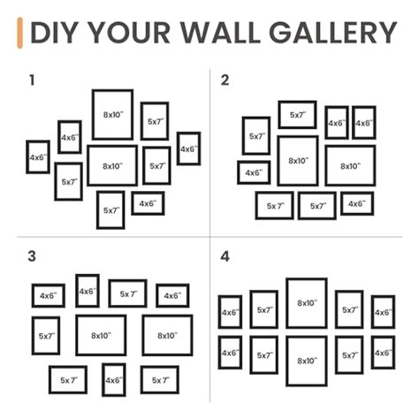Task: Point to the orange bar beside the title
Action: [x=19, y=32]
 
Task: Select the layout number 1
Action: [x=32, y=80]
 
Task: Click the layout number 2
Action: [x=225, y=80]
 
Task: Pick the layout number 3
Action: [x=32, y=256]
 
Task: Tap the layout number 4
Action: [x=225, y=256]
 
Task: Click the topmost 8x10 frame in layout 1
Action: [x=112, y=114]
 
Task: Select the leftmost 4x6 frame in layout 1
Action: [x=37, y=156]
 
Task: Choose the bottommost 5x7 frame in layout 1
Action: [x=110, y=209]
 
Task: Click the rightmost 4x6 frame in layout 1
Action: [x=188, y=149]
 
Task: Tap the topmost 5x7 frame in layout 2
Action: [x=297, y=114]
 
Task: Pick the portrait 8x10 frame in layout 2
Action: [x=298, y=161]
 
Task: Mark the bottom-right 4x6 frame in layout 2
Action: [x=356, y=203]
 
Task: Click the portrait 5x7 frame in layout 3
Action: [x=48, y=336]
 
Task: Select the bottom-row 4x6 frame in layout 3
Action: [x=113, y=379]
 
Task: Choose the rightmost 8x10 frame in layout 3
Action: [x=167, y=335]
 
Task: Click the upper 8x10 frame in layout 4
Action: [x=306, y=303]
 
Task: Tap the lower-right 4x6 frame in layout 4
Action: [x=383, y=352]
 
